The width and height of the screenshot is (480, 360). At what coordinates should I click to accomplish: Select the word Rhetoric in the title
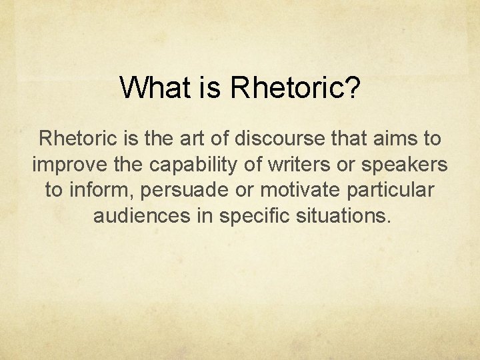(x=285, y=87)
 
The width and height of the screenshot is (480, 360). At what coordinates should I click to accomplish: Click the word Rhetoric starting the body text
(x=78, y=139)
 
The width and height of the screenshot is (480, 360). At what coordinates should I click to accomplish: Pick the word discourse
(x=279, y=139)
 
